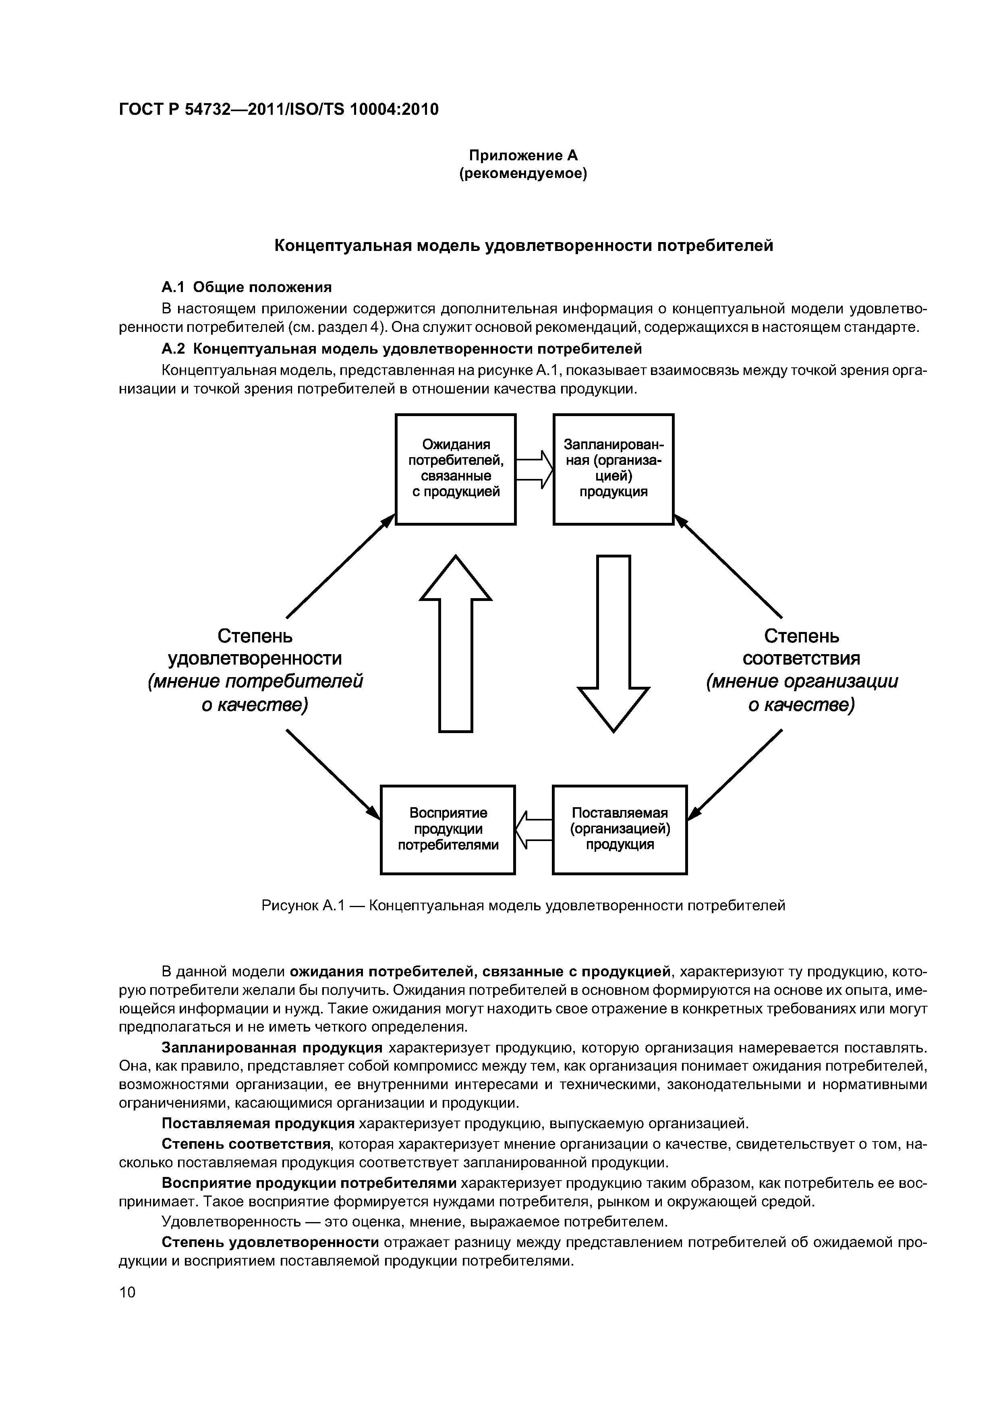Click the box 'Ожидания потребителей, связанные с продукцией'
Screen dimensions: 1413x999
[x=456, y=469]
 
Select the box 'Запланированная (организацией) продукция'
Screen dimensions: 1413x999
[x=613, y=469]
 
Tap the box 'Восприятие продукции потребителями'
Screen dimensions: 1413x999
[x=448, y=829]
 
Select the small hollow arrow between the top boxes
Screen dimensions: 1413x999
[x=534, y=469]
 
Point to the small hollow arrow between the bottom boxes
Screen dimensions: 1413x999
[x=534, y=829]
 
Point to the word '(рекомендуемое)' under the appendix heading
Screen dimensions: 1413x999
[x=523, y=174]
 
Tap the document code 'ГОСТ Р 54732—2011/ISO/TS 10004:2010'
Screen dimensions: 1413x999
[x=278, y=110]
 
